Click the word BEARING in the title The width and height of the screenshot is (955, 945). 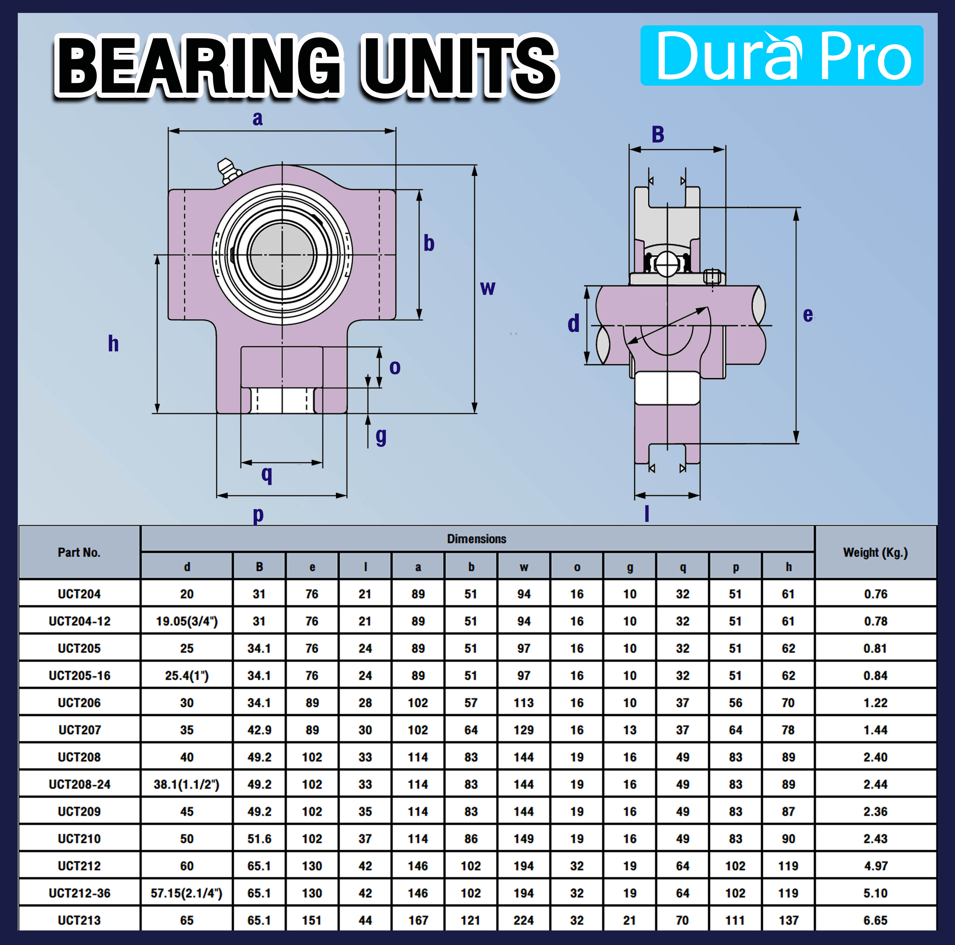tap(198, 67)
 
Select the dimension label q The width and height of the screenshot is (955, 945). tap(266, 474)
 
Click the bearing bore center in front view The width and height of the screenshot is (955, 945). tap(282, 255)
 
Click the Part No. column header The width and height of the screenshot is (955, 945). tap(79, 552)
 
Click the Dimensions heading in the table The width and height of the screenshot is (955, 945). tap(477, 538)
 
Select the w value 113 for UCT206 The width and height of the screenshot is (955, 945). tap(523, 703)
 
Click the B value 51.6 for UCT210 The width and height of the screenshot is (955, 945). tap(259, 838)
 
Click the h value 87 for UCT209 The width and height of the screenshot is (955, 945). tap(788, 811)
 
